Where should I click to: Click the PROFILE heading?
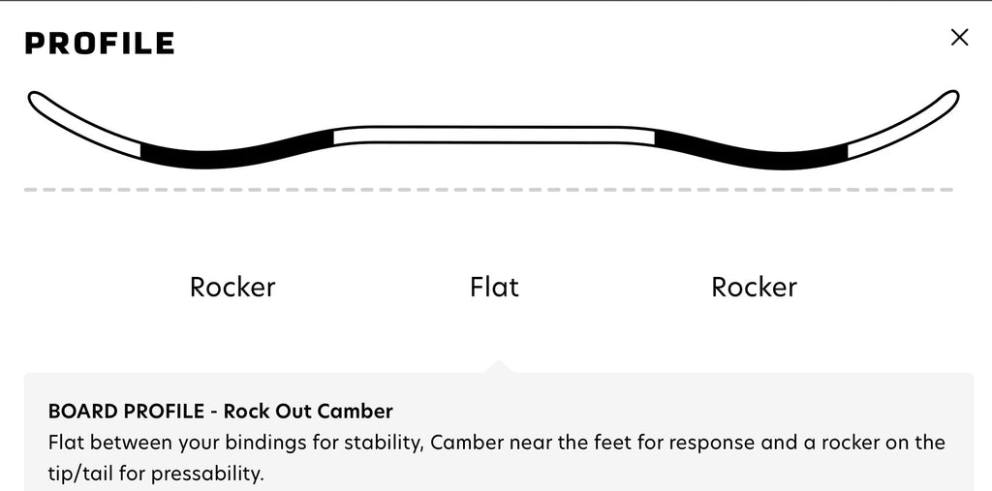100,43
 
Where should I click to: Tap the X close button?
959,38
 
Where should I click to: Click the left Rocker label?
232,288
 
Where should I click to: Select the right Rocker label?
754,288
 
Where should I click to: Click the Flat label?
494,287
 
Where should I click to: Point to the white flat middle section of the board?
493,136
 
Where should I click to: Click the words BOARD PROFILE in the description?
126,412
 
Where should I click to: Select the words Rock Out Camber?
308,412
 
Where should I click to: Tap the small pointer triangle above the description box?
498,367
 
